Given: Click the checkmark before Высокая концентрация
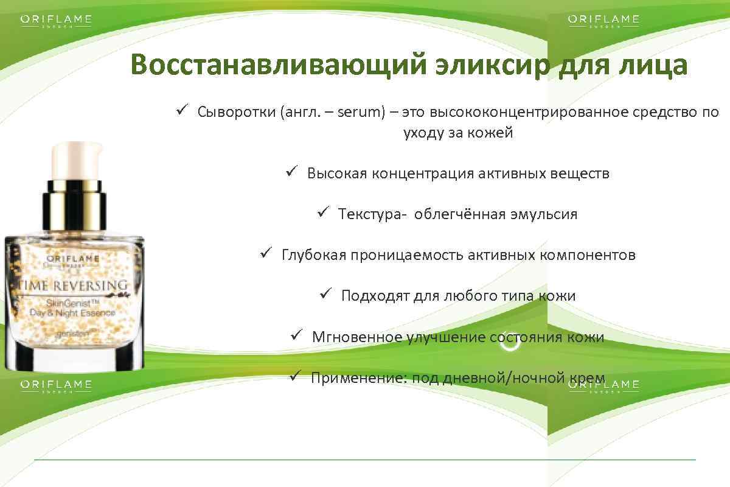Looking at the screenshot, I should pos(291,172).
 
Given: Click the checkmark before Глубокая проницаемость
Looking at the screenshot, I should pos(265,253).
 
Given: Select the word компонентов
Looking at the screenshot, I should pos(587,254).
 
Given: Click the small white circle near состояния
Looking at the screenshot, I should pos(510,343).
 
